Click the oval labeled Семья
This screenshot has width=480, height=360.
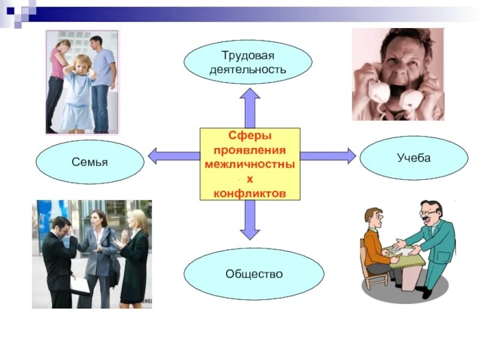click(x=90, y=162)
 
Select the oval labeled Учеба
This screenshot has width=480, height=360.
click(x=413, y=158)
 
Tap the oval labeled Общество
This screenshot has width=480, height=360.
click(x=254, y=274)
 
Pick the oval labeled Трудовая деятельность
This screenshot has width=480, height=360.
click(x=248, y=62)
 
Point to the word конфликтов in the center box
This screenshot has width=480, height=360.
click(x=250, y=193)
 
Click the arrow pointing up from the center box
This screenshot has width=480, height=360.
click(x=250, y=108)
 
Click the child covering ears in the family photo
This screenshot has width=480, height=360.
click(x=78, y=90)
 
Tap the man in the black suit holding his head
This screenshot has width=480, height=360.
click(x=60, y=258)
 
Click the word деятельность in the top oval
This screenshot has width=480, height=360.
click(x=248, y=70)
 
